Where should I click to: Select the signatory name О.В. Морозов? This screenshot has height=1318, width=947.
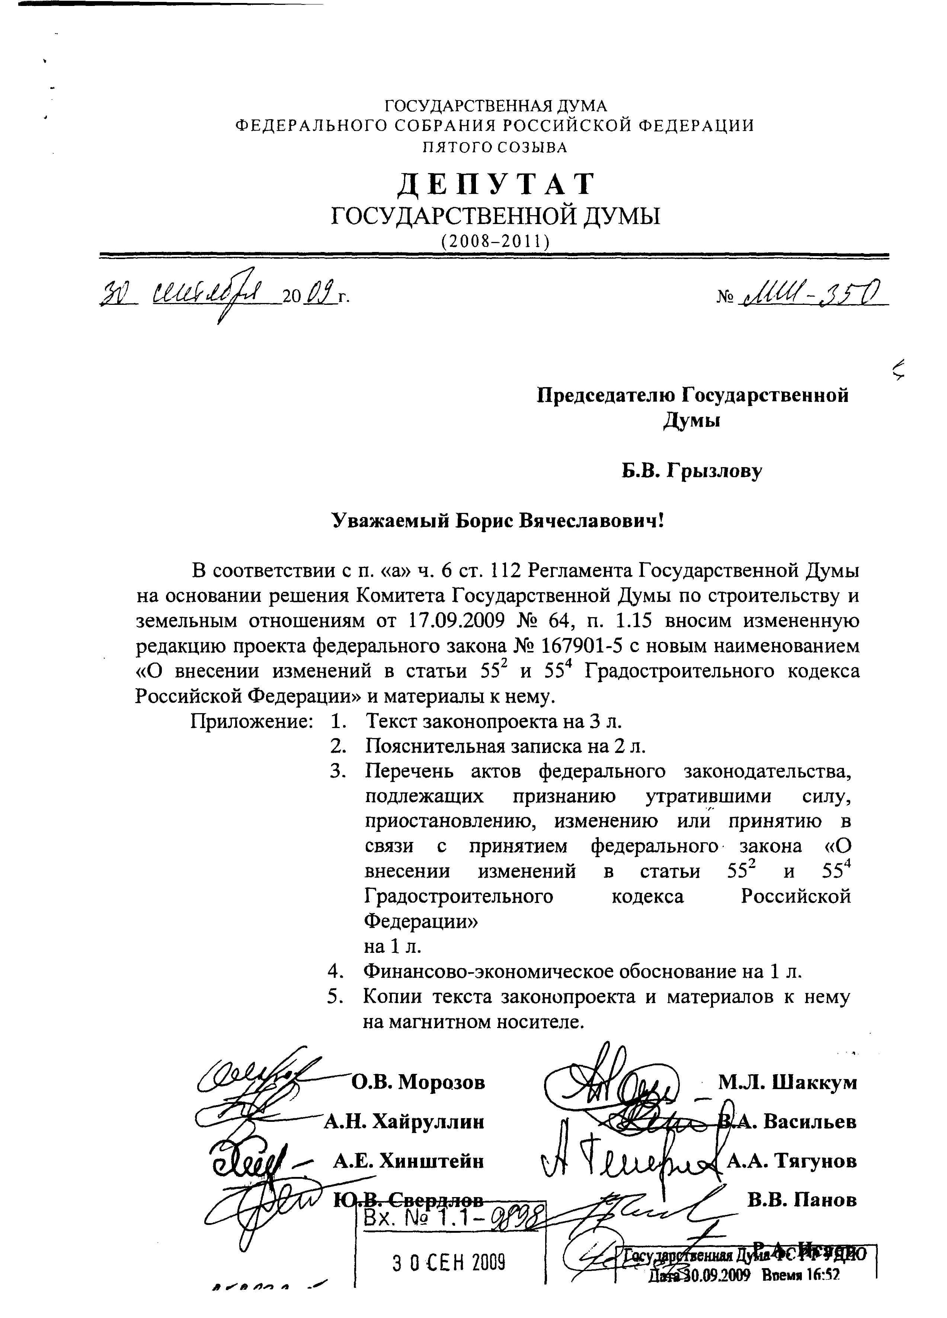(418, 1082)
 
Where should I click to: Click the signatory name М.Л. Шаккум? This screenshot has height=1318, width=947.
(787, 1082)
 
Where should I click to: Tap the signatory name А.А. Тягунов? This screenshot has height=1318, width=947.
(791, 1161)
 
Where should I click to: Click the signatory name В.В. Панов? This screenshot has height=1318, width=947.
(802, 1199)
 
